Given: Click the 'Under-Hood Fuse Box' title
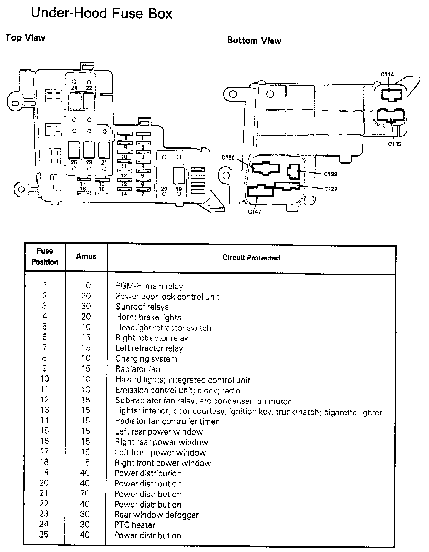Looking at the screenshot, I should [102, 14].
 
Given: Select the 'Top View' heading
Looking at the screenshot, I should [25, 38].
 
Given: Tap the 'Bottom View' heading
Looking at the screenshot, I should [254, 41].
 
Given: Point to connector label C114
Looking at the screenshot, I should [387, 74].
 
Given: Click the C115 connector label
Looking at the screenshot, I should [394, 144].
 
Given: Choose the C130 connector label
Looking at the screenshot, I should [228, 158].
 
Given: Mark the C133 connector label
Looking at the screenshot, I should [330, 174].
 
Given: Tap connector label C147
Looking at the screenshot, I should [254, 212].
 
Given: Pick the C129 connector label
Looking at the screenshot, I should [330, 189].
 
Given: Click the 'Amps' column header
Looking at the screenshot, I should [86, 256].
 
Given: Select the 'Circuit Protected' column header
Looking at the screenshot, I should [251, 258].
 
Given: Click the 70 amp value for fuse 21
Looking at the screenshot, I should [85, 494].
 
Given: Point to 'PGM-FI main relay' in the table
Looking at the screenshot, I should [149, 286].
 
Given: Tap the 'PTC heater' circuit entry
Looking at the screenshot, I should [135, 525].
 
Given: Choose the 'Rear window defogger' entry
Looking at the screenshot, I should [156, 515].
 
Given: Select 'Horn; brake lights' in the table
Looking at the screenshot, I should [148, 318].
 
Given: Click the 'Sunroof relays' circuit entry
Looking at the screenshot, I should [142, 307].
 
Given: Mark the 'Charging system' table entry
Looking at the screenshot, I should [146, 359].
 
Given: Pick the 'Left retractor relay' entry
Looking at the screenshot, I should [149, 348].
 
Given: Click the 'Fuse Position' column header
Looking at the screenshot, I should [45, 256].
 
